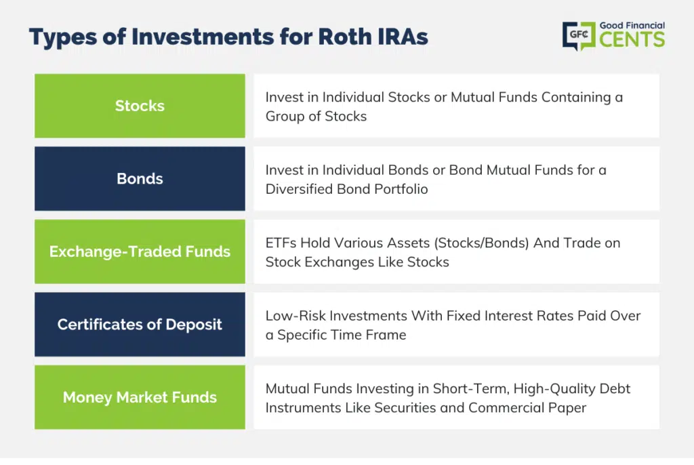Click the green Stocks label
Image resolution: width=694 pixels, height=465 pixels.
[140, 106]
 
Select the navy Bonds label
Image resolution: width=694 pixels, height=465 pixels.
[140, 178]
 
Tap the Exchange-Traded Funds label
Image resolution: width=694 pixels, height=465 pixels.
[140, 251]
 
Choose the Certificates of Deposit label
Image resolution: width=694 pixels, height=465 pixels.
[140, 325]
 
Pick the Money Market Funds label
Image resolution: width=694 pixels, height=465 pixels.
[140, 397]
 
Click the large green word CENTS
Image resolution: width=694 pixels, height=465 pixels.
[632, 39]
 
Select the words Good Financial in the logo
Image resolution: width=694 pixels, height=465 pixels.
[632, 26]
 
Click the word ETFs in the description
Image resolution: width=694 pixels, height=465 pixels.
[281, 243]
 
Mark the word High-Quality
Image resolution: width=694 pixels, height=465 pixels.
[554, 389]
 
